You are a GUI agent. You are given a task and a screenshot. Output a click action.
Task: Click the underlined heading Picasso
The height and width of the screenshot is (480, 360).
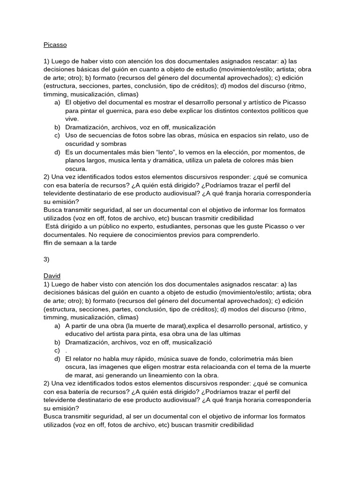(x=55, y=45)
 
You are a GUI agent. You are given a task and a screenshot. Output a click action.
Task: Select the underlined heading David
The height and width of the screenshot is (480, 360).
(x=52, y=276)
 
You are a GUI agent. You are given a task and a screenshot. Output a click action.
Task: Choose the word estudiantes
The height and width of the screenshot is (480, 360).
(x=165, y=226)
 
